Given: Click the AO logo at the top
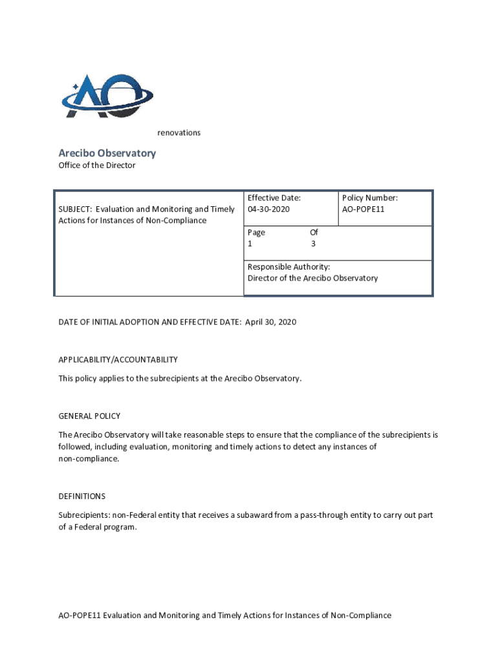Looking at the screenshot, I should pyautogui.click(x=107, y=97).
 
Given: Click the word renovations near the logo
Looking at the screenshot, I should pyautogui.click(x=179, y=133).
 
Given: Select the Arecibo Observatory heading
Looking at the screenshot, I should pyautogui.click(x=107, y=153).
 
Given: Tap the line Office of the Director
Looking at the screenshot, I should pyautogui.click(x=97, y=165).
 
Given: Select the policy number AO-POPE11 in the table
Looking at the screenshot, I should pyautogui.click(x=363, y=209).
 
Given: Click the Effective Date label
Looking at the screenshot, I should pyautogui.click(x=274, y=198).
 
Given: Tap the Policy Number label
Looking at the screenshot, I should pyautogui.click(x=370, y=198).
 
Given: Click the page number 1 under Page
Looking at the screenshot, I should pyautogui.click(x=250, y=244).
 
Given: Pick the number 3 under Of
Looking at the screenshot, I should pyautogui.click(x=314, y=244).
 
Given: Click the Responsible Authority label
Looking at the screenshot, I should pyautogui.click(x=288, y=266).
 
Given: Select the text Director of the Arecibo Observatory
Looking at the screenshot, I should pyautogui.click(x=312, y=278).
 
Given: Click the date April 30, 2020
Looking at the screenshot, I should pyautogui.click(x=270, y=322).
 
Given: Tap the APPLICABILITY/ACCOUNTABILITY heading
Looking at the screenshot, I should pyautogui.click(x=118, y=359).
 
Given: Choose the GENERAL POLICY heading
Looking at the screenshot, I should pyautogui.click(x=89, y=416).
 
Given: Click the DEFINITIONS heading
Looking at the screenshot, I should pyautogui.click(x=81, y=496).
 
